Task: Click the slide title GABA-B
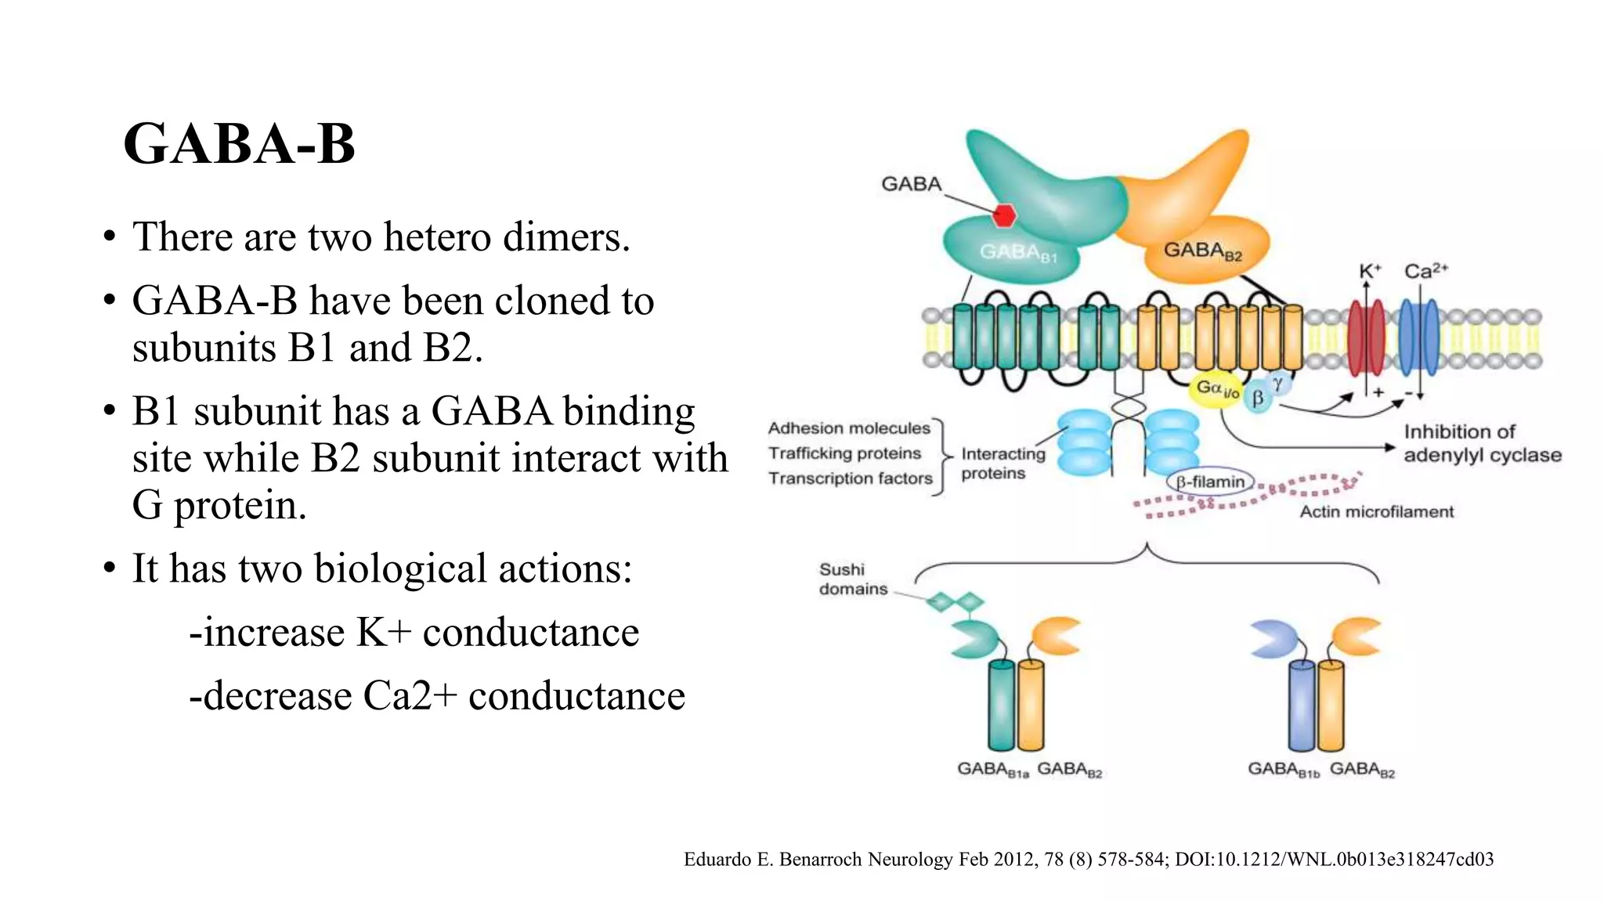click(239, 144)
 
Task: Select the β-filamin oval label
click(1210, 482)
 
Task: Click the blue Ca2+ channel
click(1418, 339)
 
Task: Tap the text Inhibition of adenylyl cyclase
click(1481, 443)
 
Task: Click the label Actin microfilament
click(1376, 512)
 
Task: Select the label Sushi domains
click(852, 579)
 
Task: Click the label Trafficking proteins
click(844, 453)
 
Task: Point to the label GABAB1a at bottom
click(992, 770)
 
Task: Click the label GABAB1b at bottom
click(1283, 770)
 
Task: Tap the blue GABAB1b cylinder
click(1301, 705)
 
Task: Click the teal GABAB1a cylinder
click(1001, 705)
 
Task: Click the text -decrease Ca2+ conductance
click(437, 695)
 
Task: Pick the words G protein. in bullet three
click(219, 505)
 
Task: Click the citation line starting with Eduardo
click(1088, 859)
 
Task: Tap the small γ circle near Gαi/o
click(1277, 383)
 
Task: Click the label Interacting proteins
click(1002, 464)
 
